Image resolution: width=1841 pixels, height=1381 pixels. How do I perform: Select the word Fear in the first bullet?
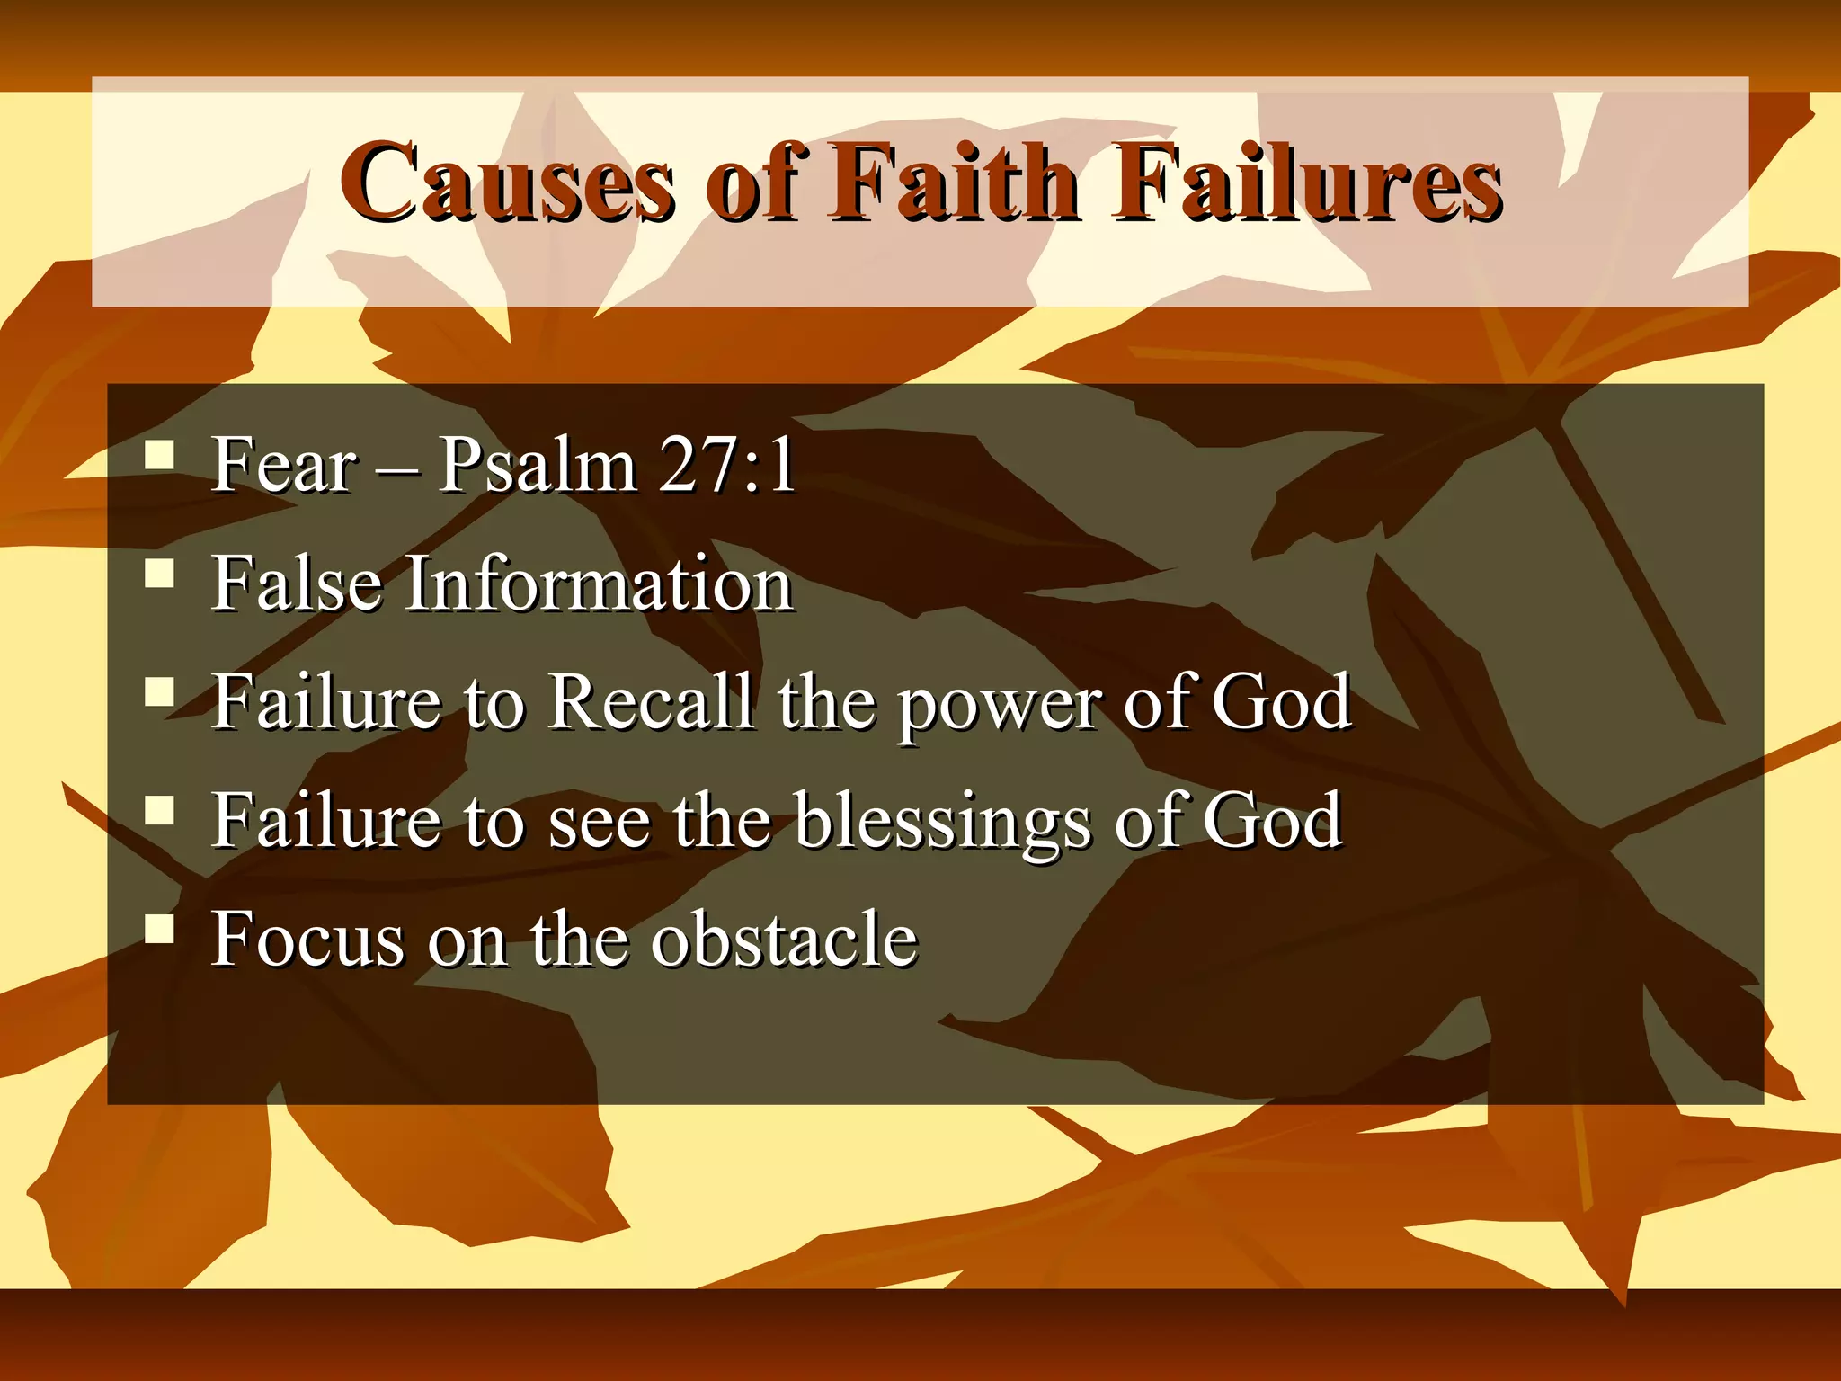coord(283,466)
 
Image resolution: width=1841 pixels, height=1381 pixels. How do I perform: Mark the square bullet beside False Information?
coord(159,573)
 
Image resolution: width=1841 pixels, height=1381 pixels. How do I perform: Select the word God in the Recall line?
coord(1281,702)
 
